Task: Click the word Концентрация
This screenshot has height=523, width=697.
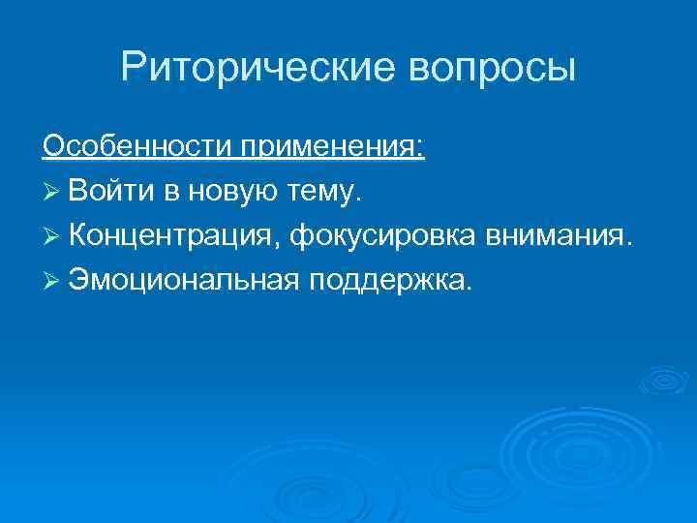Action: tap(169, 235)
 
